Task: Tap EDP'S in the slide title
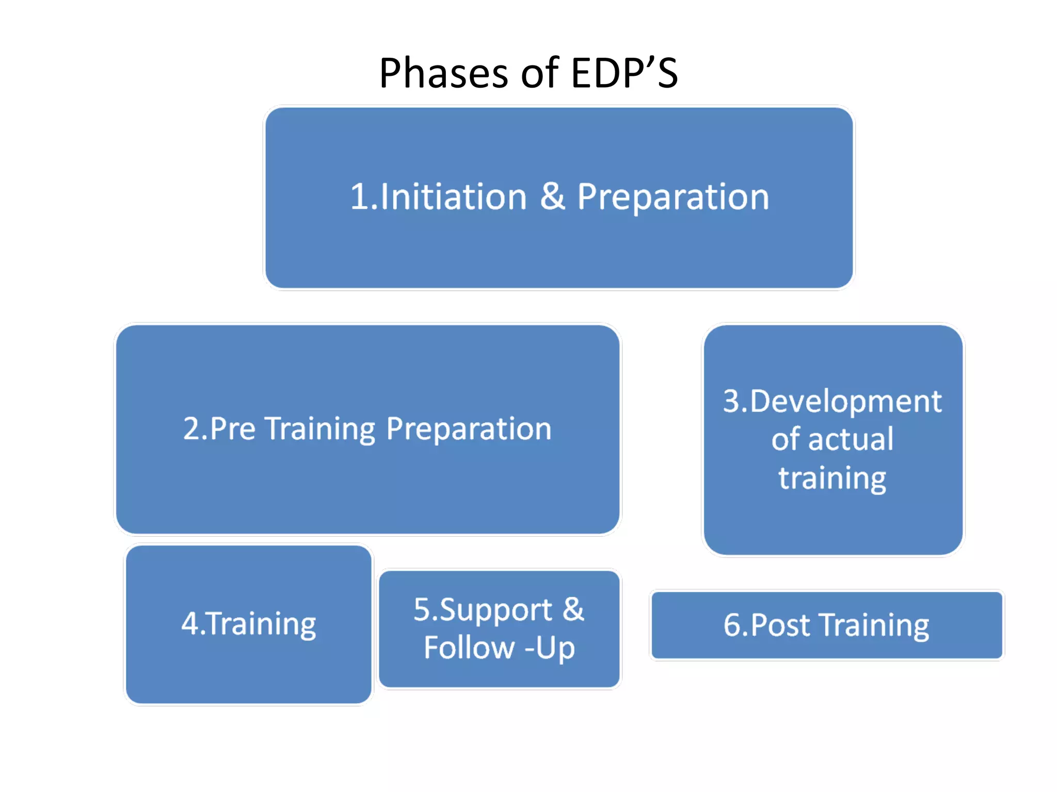(x=624, y=73)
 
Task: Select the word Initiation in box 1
(x=453, y=197)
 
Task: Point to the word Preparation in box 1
(x=673, y=198)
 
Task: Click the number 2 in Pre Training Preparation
(x=191, y=428)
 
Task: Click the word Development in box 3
(x=845, y=401)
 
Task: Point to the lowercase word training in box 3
(x=832, y=478)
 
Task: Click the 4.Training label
(x=249, y=624)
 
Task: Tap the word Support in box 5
(x=495, y=610)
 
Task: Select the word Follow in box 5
(x=469, y=648)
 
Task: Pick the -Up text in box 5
(x=550, y=649)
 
